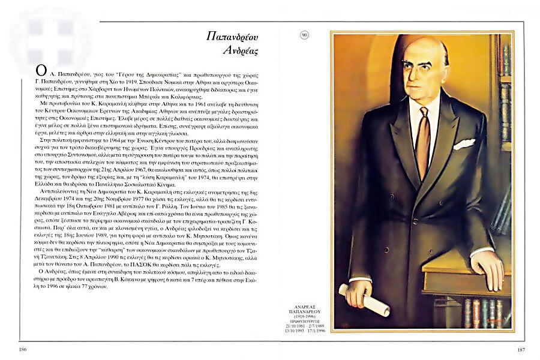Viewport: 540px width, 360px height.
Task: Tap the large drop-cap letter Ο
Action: coord(41,71)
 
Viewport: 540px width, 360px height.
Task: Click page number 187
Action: coord(521,349)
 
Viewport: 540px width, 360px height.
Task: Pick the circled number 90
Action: coord(305,35)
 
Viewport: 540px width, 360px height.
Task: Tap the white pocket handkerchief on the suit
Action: coord(463,144)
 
